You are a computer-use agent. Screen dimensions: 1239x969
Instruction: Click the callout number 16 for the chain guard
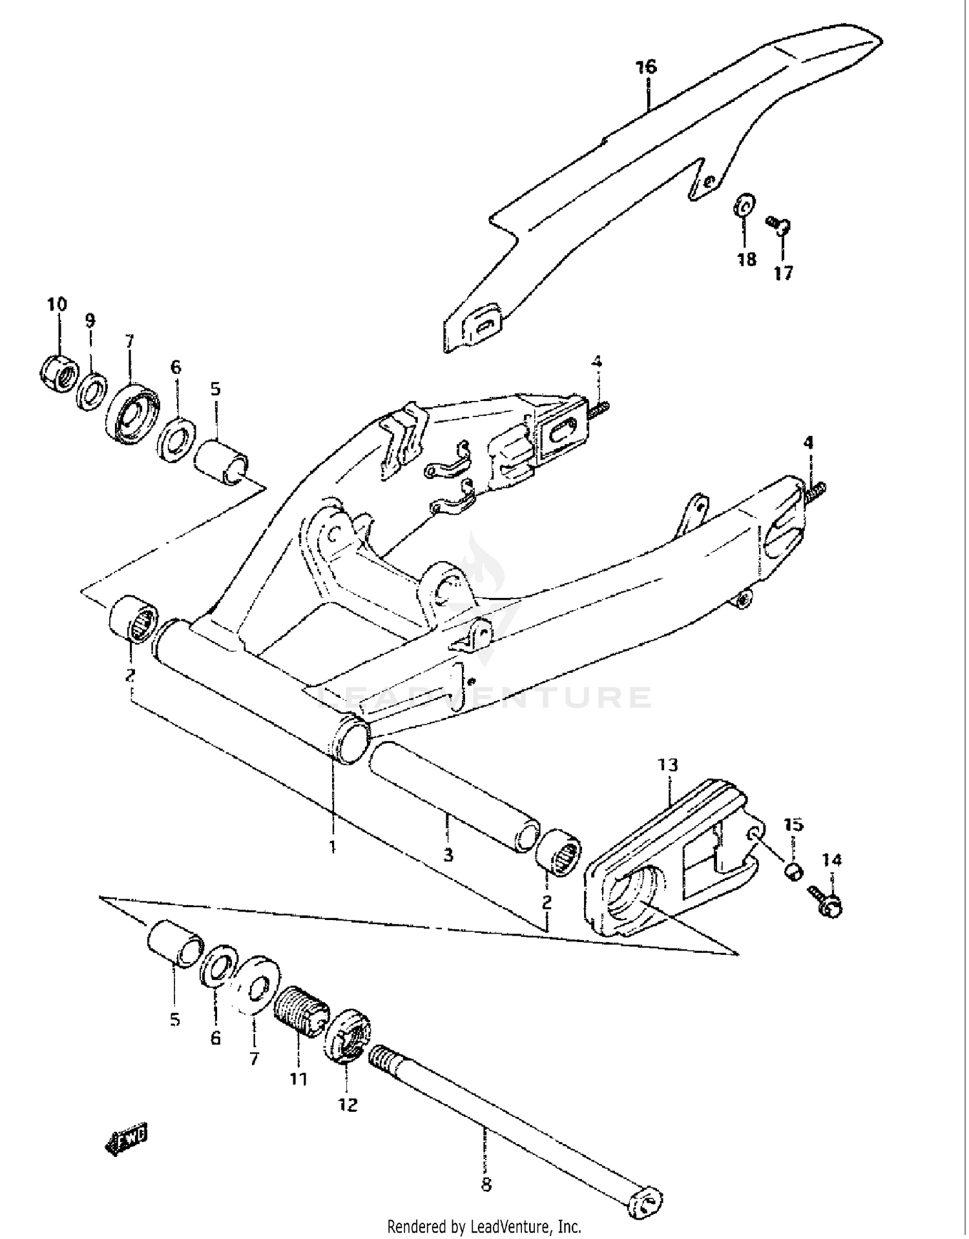(x=645, y=67)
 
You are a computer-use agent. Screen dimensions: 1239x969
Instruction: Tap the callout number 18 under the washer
(x=746, y=260)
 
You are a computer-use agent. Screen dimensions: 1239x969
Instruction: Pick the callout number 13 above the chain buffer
(x=668, y=765)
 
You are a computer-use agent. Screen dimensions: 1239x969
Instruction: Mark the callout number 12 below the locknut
(x=348, y=1105)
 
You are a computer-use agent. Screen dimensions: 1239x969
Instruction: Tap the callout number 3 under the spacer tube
(x=448, y=855)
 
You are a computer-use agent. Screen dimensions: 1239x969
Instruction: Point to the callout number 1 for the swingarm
(x=332, y=846)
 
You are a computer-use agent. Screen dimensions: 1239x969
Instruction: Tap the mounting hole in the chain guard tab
(x=709, y=182)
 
